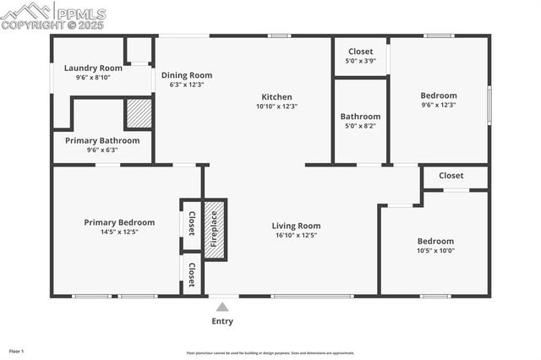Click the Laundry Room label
(x=93, y=68)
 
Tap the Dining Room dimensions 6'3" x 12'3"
(x=186, y=85)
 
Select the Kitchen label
(x=276, y=96)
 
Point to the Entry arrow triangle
(x=222, y=307)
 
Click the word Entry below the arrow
(x=222, y=321)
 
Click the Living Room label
(x=296, y=226)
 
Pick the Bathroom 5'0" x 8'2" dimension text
(x=360, y=126)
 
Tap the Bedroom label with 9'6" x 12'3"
(x=439, y=95)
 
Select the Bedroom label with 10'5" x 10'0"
(x=435, y=241)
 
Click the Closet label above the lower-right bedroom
(x=451, y=176)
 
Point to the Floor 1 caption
(x=17, y=351)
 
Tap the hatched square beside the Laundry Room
(x=139, y=113)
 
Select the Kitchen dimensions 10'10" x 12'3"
(x=276, y=106)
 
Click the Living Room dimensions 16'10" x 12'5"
(x=296, y=236)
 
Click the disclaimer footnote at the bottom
(x=270, y=353)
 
